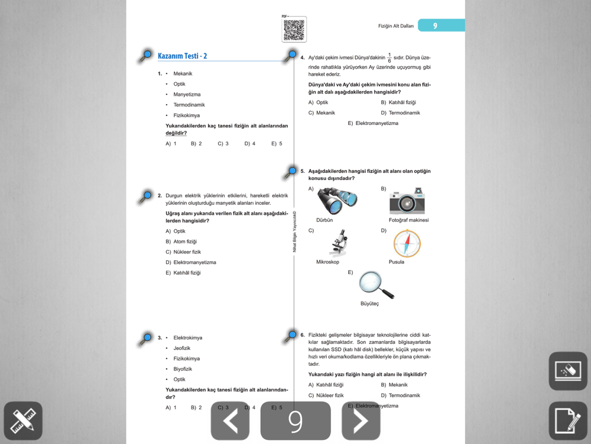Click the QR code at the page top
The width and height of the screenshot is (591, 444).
coord(294,30)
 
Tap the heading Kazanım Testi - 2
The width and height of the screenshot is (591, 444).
coord(182,56)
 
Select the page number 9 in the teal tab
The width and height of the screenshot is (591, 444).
coord(435,25)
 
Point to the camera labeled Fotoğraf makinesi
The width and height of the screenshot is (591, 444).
coord(407,201)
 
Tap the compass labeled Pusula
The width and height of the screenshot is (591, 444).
coord(407,243)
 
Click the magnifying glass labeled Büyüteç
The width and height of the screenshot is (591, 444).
coord(376,284)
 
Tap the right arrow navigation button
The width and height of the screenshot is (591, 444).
coord(361,421)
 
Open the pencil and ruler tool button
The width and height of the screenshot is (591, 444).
coord(23,421)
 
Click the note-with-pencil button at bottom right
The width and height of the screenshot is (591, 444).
coord(568,421)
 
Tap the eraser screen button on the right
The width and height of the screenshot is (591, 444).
coord(568,371)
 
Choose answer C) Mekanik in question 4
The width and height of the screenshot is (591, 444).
coord(322,113)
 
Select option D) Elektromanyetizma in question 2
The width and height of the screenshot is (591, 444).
coord(191,262)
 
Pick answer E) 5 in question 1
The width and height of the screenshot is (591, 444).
coord(277,144)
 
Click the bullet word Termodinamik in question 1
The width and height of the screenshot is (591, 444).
coord(189,105)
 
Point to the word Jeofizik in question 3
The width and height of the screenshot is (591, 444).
coord(182,348)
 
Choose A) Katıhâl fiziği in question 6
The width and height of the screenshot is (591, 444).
coord(326,385)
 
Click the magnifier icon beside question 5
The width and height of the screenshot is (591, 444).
coord(291,172)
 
